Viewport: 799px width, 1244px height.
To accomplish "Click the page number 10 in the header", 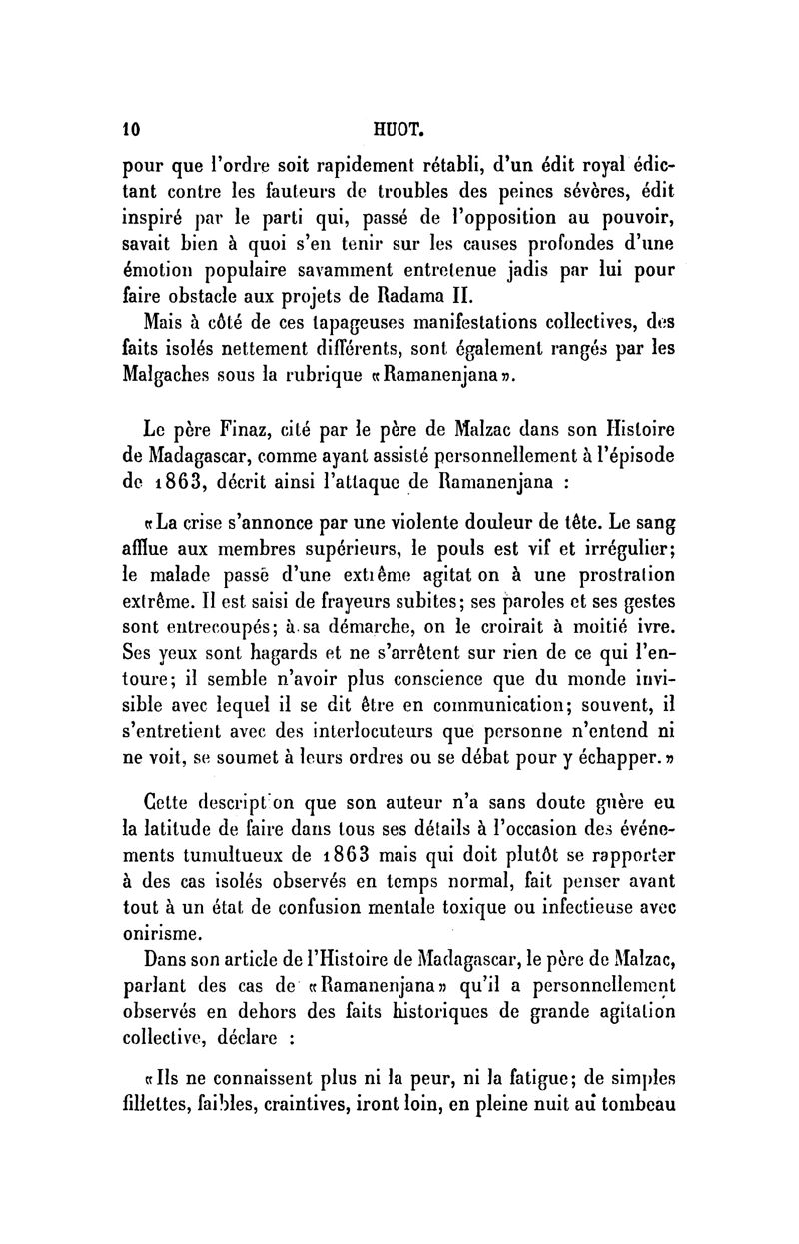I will [x=129, y=127].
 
